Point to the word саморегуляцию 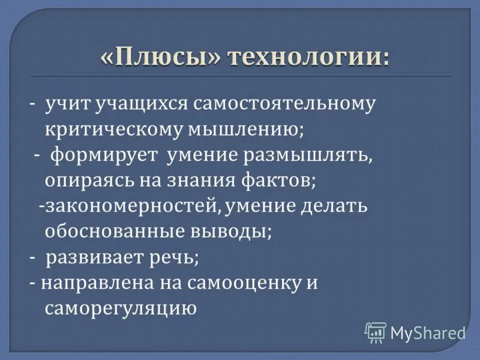pos(121,309)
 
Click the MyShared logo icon pos(376,332)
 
